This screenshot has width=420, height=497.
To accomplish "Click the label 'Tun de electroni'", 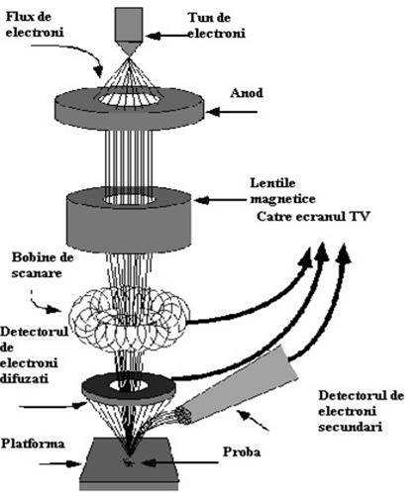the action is pos(217,26).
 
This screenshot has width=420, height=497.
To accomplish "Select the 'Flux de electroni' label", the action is pos(35,25).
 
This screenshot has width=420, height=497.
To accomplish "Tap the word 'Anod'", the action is pos(247,93).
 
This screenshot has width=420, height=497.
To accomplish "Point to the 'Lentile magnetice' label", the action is pos(282,191).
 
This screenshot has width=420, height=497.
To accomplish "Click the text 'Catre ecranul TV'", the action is pos(313,217).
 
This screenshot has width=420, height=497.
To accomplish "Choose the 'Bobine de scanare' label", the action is pos(43,265).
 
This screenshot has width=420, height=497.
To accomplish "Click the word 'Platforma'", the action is pos(33,444).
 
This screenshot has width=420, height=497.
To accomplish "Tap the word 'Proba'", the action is pos(242,451).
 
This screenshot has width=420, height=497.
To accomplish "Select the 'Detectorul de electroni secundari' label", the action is pos(361,411).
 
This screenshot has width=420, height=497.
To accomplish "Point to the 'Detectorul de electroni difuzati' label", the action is pos(34,355).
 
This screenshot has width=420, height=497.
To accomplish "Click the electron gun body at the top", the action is pos(129,29).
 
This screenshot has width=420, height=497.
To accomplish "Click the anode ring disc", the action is pos(129,108).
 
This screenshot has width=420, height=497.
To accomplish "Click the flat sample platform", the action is pos(130,464).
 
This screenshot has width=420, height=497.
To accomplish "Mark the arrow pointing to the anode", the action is pos(232,112).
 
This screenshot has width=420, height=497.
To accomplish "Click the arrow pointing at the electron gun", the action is pos(168,35).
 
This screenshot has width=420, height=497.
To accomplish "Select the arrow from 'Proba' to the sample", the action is pos(180,462).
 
